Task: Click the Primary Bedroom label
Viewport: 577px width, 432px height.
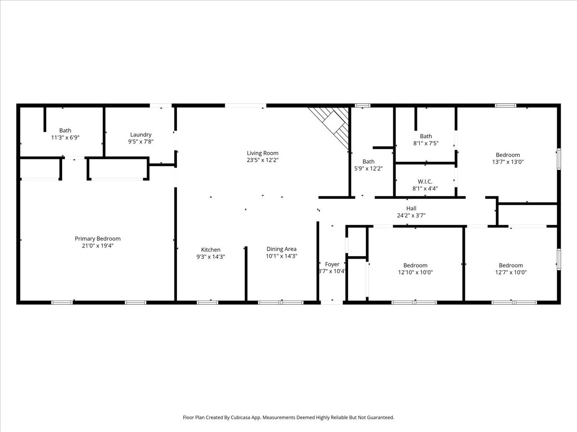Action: coord(98,239)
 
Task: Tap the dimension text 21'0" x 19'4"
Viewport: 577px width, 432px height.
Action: coord(98,246)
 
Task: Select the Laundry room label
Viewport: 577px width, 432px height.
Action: coord(140,135)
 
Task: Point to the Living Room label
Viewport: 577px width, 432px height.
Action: coord(263,153)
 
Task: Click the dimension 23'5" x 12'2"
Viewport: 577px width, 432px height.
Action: coord(263,160)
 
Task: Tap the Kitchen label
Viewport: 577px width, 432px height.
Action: coord(211,250)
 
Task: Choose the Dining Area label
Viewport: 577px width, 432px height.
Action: coord(281,249)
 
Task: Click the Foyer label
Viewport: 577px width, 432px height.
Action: coord(332,264)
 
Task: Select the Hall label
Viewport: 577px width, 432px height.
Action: coord(411,208)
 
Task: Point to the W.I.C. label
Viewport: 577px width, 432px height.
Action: coord(425,181)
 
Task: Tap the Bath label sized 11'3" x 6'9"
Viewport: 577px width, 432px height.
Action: coord(65,131)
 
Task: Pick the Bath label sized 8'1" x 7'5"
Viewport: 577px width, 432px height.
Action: coord(426,136)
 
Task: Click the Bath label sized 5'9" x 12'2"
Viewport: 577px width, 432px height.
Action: coord(368,162)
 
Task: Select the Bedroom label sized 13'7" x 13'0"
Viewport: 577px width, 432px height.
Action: coord(508,155)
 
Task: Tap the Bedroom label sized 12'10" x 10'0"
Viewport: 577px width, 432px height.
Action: coord(415,265)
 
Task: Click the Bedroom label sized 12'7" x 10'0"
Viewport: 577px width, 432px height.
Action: coord(511,265)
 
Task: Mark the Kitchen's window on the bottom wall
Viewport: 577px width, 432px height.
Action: coord(207,302)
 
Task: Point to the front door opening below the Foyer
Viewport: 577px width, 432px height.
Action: coord(332,302)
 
